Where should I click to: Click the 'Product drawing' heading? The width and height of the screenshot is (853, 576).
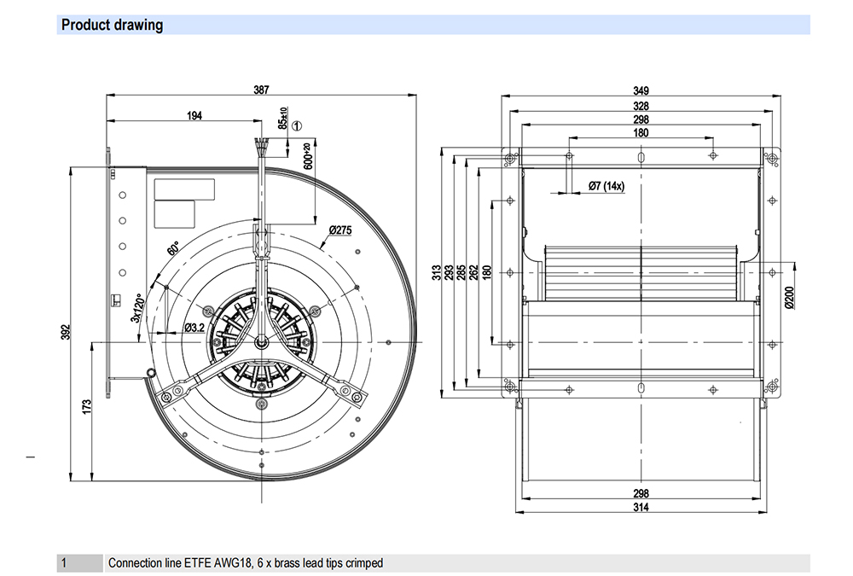112,25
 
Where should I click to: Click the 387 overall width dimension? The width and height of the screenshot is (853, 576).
261,90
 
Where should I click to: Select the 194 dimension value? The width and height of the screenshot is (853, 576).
194,115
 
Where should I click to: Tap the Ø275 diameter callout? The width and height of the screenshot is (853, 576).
340,230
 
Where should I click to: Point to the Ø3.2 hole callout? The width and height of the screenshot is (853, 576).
194,327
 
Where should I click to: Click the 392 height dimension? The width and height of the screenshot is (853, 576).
66,332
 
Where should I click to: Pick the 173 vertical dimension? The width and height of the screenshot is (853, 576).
87,407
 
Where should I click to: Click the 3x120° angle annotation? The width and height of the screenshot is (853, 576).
136,308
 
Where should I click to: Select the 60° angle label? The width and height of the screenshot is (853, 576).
173,248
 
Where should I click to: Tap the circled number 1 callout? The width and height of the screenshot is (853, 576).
297,125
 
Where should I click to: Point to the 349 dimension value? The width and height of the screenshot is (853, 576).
641,91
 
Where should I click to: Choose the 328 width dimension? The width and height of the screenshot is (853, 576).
641,106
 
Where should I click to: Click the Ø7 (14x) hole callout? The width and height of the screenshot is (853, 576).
606,186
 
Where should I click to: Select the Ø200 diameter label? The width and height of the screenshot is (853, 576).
790,298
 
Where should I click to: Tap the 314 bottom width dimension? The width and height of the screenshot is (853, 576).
641,508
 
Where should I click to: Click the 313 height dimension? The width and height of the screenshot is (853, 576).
437,272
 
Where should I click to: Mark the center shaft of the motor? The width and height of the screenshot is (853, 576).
262,342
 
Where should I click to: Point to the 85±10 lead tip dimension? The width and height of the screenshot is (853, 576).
283,118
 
